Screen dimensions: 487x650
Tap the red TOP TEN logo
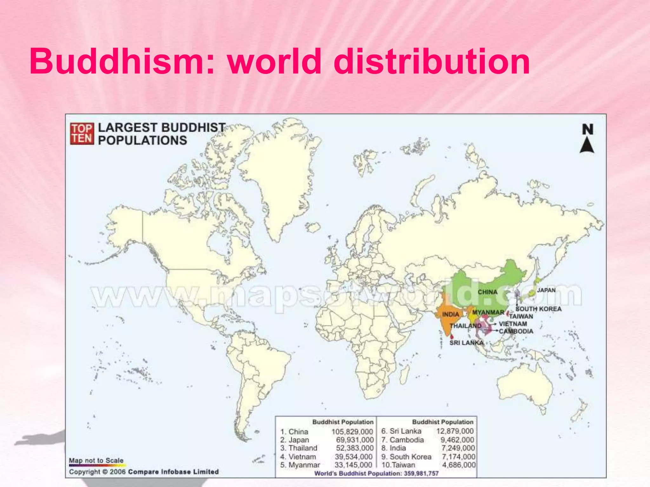(x=82, y=134)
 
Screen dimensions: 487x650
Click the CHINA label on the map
(x=487, y=292)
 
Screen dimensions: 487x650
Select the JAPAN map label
(x=546, y=290)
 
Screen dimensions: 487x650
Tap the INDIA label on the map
(x=451, y=314)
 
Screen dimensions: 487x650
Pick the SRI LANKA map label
(x=466, y=343)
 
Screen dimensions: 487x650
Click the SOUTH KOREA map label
(x=538, y=309)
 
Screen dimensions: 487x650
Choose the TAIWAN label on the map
(x=521, y=316)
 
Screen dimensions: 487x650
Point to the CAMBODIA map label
(x=516, y=331)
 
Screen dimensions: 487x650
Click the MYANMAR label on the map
(x=488, y=312)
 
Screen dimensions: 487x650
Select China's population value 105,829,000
(x=352, y=432)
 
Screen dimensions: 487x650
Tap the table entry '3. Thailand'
(x=299, y=448)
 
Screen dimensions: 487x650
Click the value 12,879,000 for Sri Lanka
(x=454, y=431)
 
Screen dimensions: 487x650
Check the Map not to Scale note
(x=96, y=460)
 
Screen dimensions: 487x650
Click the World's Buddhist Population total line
(x=376, y=473)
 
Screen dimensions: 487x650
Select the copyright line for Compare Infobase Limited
(x=144, y=472)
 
